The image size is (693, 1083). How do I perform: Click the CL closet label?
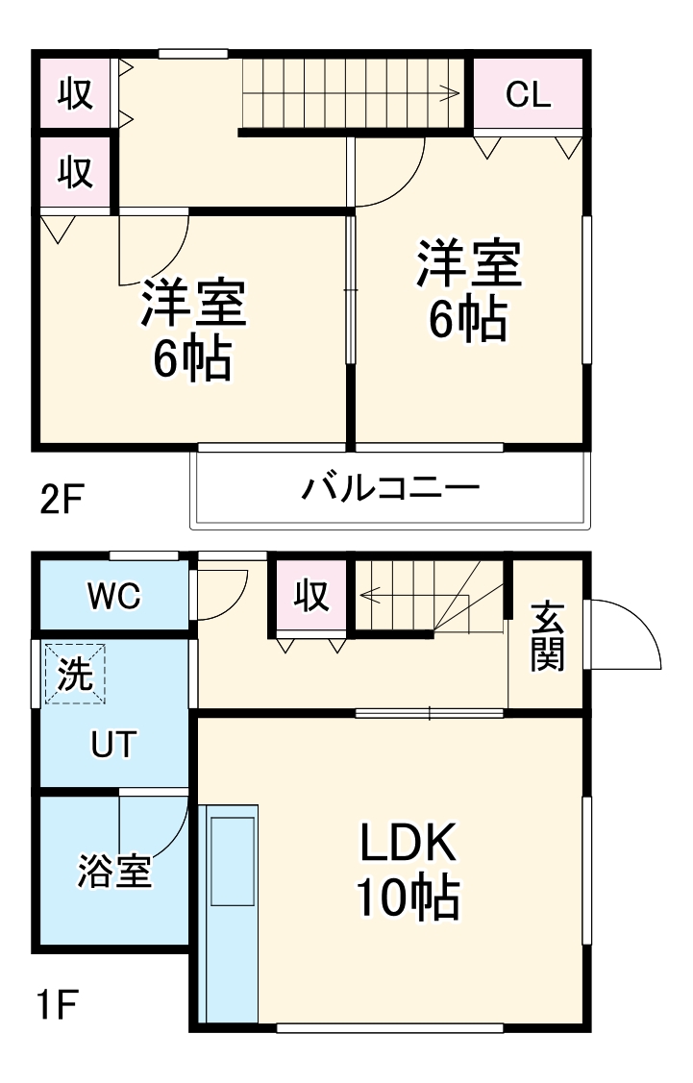[x=528, y=94]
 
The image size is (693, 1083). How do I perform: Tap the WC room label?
[x=114, y=597]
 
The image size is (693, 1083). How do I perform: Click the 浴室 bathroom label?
[x=114, y=872]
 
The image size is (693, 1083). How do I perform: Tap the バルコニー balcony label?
[x=390, y=488]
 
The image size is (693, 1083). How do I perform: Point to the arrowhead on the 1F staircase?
[x=365, y=595]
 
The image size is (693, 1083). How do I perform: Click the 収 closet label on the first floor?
[x=311, y=597]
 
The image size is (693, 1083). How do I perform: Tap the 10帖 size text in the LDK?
[x=408, y=898]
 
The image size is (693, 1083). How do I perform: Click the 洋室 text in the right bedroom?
[x=468, y=264]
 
